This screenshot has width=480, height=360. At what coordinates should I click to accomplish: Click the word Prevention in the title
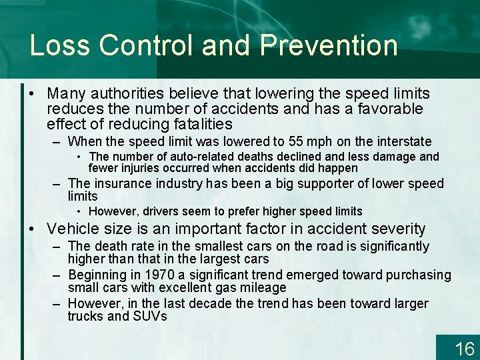329,45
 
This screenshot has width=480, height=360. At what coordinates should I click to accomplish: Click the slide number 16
463,348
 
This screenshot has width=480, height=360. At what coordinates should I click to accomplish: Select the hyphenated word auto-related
177,157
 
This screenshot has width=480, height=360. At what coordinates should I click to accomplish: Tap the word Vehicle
73,229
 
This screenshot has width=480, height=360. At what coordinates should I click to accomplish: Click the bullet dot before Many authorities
33,94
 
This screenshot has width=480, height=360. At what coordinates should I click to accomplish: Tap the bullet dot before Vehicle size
33,229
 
